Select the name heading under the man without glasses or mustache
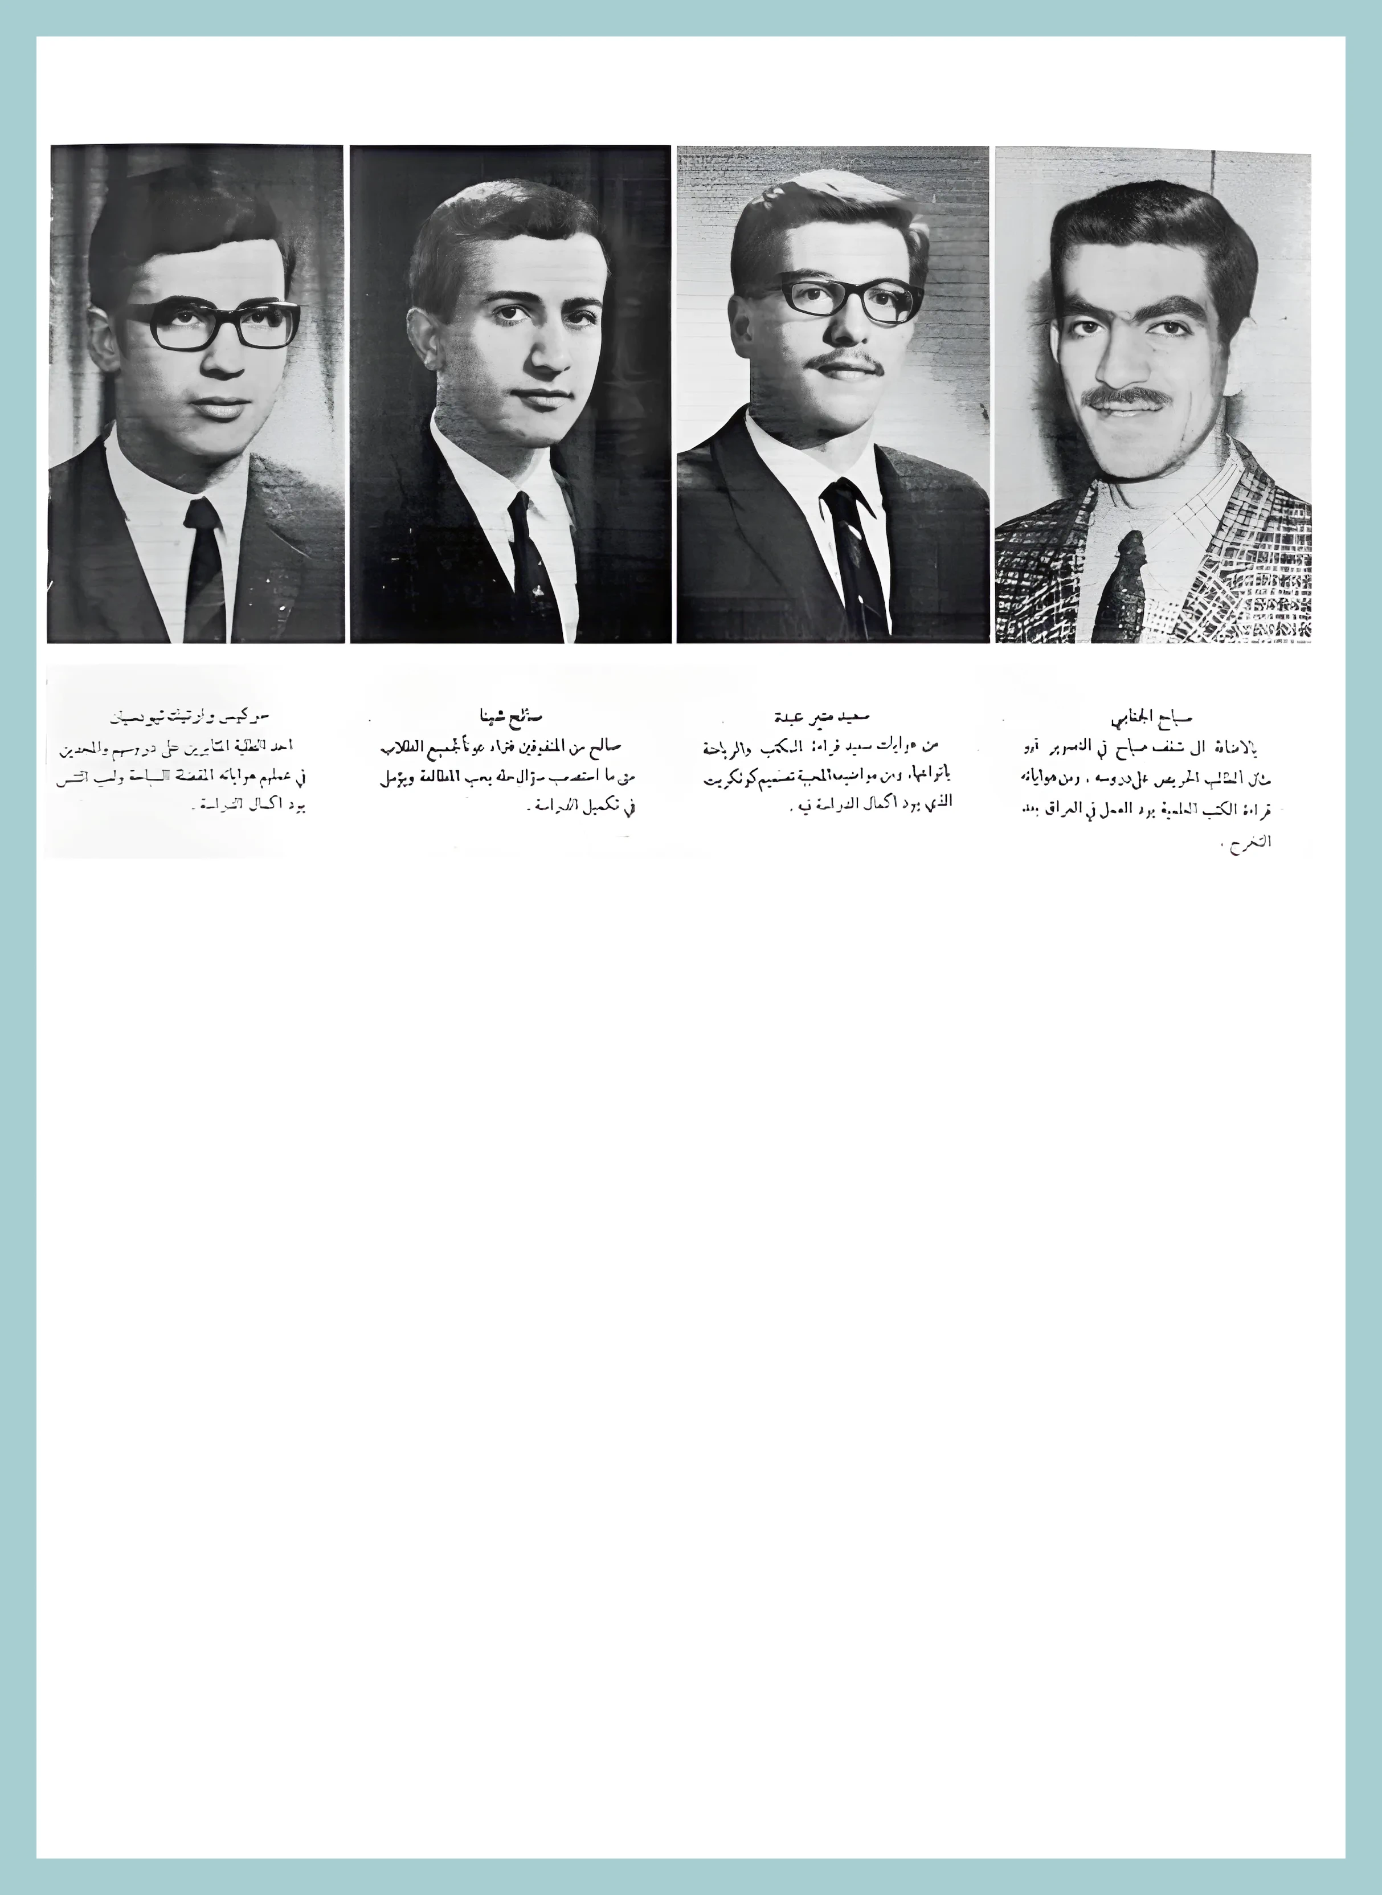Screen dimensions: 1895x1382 (509, 716)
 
